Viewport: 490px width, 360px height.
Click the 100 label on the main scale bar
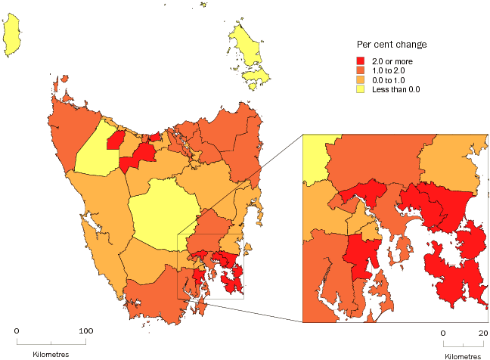point(86,331)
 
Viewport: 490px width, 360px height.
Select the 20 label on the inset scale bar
point(483,334)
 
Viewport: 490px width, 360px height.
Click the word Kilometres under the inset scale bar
point(462,355)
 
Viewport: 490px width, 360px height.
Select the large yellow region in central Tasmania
point(163,212)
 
